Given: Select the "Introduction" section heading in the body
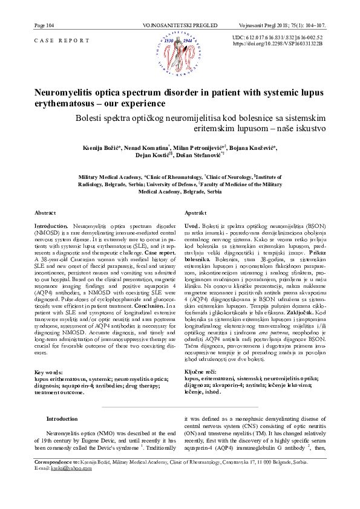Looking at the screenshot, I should click(62, 418).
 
